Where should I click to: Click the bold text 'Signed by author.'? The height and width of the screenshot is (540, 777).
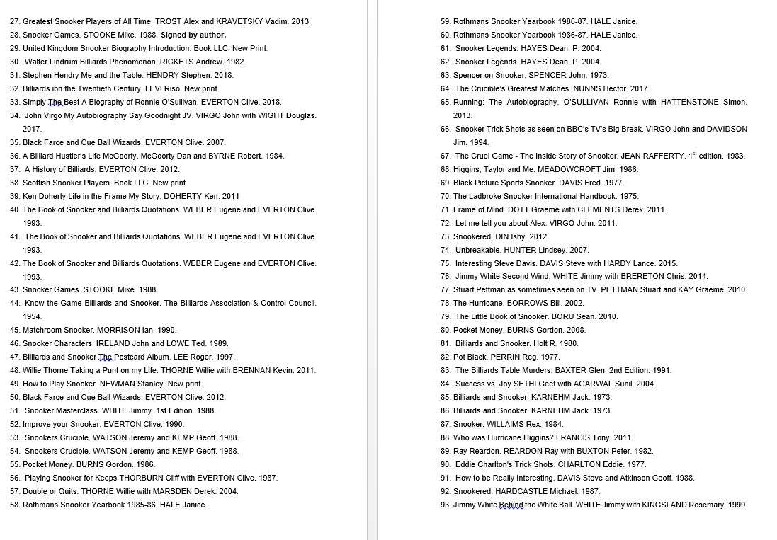click(x=193, y=35)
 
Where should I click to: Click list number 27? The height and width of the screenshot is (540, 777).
click(x=14, y=21)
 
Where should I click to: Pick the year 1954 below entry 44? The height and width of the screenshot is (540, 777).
click(x=32, y=316)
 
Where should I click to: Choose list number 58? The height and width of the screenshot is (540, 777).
click(x=14, y=505)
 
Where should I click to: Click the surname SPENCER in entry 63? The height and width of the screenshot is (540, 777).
click(x=548, y=75)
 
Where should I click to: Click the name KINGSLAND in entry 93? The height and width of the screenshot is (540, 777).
click(x=669, y=505)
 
